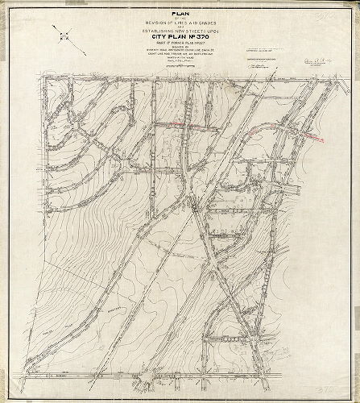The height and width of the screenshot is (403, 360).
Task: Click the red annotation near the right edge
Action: pyautogui.click(x=311, y=134)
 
